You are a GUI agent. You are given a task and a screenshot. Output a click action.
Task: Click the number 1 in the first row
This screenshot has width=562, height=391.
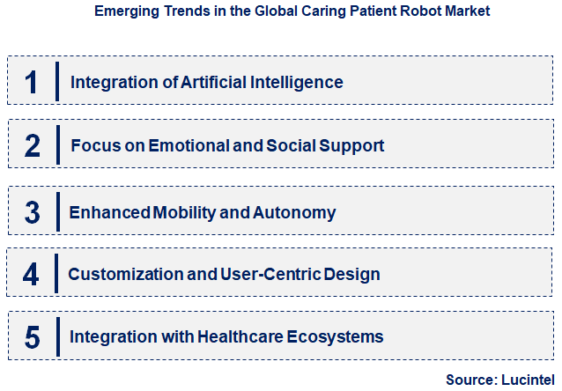tap(32, 82)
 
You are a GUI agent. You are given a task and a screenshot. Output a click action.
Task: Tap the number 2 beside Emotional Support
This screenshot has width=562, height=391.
tap(32, 145)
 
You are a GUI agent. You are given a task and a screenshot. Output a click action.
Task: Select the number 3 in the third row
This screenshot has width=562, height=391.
tap(32, 212)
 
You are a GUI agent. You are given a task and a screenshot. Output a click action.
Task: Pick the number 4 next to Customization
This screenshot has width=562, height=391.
tap(32, 274)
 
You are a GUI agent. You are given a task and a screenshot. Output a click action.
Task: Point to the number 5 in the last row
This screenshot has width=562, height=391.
tap(32, 337)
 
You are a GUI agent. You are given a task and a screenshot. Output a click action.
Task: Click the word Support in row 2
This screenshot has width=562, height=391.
tap(354, 145)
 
